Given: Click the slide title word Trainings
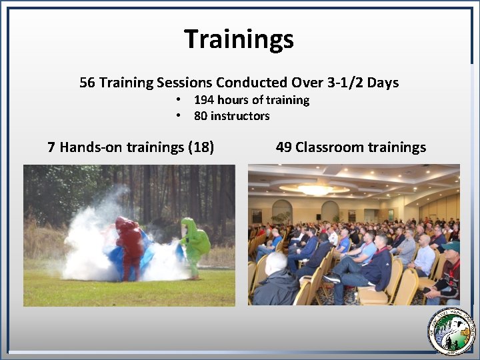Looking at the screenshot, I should [x=239, y=39].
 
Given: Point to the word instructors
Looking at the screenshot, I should [x=241, y=116].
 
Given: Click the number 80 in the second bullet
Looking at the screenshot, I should [x=201, y=116].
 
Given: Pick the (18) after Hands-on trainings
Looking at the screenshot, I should [x=201, y=147].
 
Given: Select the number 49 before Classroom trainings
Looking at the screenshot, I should [x=283, y=147].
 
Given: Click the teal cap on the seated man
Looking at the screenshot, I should [x=451, y=247].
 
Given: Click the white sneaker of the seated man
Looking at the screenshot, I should [x=331, y=278].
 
